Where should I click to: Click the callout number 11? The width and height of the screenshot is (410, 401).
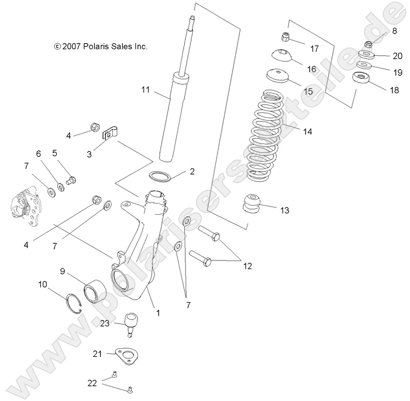click(146, 90)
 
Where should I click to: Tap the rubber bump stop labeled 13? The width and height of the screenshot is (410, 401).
click(254, 205)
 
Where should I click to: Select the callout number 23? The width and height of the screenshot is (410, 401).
click(104, 324)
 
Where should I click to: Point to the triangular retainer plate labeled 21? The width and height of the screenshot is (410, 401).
click(125, 357)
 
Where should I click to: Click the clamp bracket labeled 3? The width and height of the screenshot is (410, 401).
click(110, 133)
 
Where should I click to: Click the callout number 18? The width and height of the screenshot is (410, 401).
click(394, 90)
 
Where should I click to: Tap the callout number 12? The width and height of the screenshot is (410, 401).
click(247, 265)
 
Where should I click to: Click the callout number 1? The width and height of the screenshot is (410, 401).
click(158, 312)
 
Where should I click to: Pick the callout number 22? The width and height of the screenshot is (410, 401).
click(92, 383)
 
